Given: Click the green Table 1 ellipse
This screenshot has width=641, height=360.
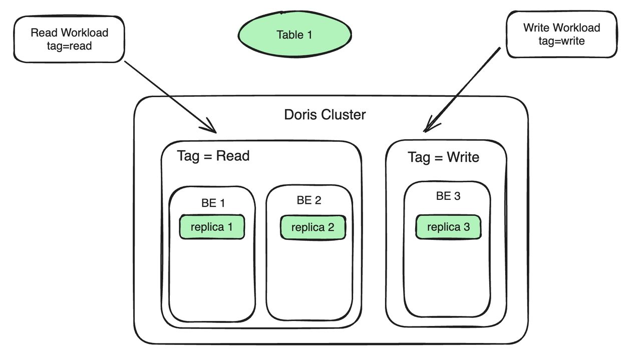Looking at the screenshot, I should [x=294, y=35].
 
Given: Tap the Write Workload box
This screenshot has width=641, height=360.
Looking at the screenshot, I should [x=561, y=34].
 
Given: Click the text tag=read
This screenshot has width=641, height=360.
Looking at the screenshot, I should [x=69, y=46].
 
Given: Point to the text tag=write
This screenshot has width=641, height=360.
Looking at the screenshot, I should [x=561, y=41].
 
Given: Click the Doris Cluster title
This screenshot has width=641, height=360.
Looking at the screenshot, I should [x=325, y=115].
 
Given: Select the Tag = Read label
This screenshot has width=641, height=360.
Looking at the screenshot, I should [x=213, y=156].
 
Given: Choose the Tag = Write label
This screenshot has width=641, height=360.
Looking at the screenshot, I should [x=443, y=157].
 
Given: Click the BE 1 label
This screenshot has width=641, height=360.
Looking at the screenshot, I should [x=213, y=203].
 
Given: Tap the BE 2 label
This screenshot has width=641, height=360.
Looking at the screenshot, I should [x=309, y=200].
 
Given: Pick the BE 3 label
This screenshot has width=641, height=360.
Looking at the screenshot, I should [x=448, y=196].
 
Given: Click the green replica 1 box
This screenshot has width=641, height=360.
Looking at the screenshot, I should [x=212, y=227].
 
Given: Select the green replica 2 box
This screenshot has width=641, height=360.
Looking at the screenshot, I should [x=312, y=228].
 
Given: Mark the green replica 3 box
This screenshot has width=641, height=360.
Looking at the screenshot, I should [x=448, y=227].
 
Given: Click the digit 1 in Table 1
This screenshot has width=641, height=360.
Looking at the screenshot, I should [x=309, y=35].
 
